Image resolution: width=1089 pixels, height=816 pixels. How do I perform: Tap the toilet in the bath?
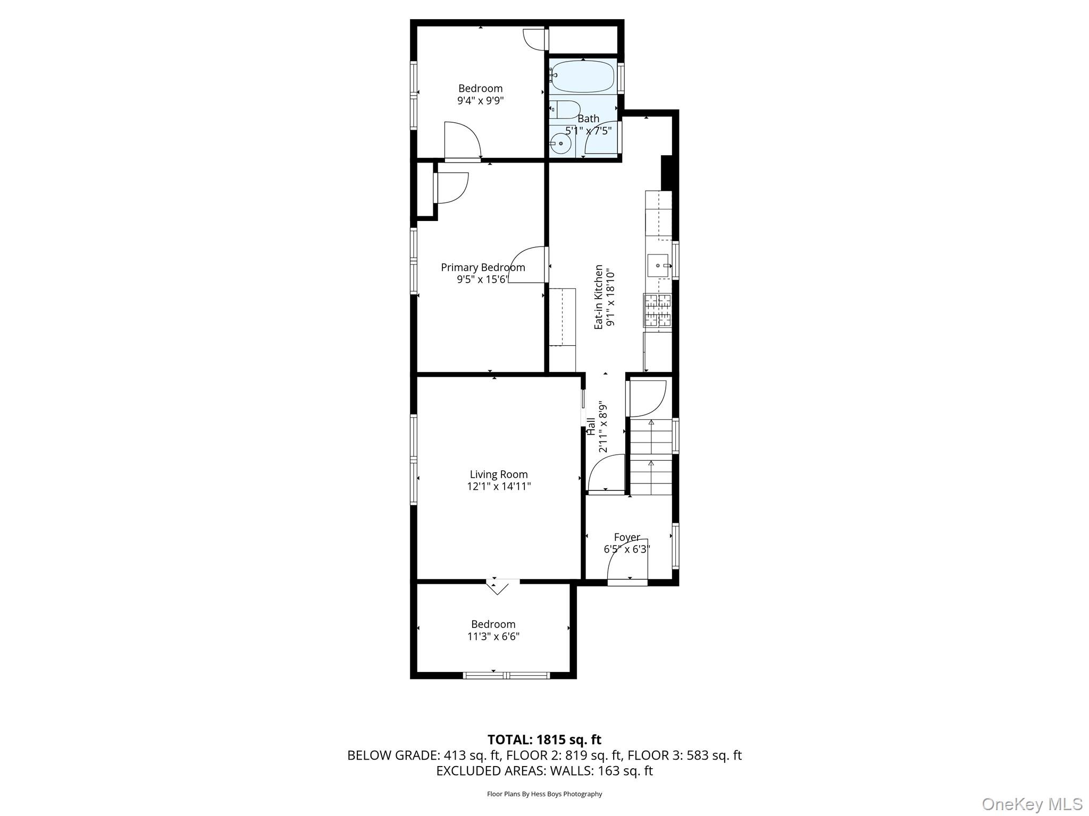564,109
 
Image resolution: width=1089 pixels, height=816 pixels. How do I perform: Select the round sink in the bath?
560,143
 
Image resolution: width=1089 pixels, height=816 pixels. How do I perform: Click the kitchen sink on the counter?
658,265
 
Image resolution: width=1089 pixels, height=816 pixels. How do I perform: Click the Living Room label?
499,474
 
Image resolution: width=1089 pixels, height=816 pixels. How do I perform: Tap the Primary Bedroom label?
483,268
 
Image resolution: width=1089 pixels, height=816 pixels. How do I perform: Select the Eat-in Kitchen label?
599,297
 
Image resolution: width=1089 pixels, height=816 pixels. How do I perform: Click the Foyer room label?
627,537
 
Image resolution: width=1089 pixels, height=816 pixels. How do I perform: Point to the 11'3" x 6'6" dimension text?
493,636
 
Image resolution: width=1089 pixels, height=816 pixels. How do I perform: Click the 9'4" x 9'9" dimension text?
480,100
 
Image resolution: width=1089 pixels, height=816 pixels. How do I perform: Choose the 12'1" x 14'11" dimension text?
499,486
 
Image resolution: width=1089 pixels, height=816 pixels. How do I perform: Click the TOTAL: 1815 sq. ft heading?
544,739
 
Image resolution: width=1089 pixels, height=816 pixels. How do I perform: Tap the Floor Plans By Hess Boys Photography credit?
544,794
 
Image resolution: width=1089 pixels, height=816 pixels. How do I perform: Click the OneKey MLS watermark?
1032,804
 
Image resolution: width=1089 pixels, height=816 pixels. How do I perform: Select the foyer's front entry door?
627,583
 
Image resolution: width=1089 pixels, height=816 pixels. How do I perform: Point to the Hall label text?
591,427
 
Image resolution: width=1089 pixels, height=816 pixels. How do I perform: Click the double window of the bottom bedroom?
506,675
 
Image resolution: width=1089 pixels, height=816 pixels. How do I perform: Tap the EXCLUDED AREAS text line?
544,771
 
